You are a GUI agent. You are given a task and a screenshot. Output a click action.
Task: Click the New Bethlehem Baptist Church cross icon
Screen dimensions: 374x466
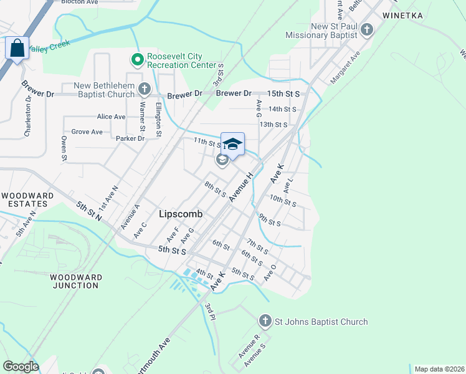tap(145, 89)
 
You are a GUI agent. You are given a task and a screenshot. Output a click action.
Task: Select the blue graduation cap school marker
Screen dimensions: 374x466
tap(232, 145)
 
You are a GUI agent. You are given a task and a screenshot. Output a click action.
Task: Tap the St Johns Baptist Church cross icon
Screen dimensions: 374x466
tap(265, 322)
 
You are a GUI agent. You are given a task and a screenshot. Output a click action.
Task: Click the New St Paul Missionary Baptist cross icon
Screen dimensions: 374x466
tap(367, 29)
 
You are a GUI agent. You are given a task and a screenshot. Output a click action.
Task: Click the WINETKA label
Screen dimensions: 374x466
tap(402, 14)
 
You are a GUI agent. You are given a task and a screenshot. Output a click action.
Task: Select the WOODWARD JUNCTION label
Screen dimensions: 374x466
tap(74, 281)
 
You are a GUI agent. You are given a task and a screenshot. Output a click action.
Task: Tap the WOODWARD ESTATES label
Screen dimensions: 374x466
tap(24, 199)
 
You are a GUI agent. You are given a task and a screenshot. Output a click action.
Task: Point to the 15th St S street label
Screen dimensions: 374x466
tap(283, 93)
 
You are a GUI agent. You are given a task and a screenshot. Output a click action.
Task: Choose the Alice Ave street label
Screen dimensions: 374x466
tap(112, 117)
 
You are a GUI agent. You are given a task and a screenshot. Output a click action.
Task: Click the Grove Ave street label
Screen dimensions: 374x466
tap(87, 132)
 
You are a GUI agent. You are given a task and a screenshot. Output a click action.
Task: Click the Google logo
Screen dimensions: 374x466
tap(21, 367)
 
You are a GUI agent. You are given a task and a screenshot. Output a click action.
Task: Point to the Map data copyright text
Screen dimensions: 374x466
tap(440, 369)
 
